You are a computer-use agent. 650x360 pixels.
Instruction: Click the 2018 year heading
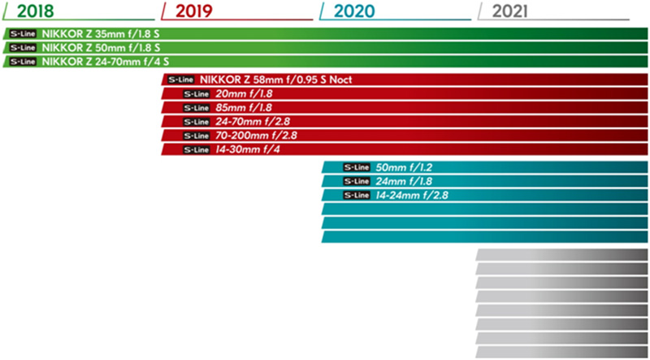tap(38, 11)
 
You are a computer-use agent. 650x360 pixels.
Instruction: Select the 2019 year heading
tap(195, 11)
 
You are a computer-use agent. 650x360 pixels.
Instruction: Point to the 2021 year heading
tap(509, 11)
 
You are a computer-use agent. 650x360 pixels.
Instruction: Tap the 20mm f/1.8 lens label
tap(249, 93)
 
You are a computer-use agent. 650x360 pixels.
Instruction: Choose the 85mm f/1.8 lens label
tap(249, 107)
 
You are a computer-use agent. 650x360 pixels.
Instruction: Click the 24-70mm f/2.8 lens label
tap(255, 121)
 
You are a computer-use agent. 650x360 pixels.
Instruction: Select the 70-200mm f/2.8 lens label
tap(258, 135)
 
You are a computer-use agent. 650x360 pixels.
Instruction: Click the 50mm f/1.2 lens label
tap(408, 167)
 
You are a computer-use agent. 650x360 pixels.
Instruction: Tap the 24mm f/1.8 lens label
tap(408, 181)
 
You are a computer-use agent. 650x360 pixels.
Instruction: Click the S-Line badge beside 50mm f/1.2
tap(357, 167)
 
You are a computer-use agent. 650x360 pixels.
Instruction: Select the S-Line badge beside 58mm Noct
tap(179, 80)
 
